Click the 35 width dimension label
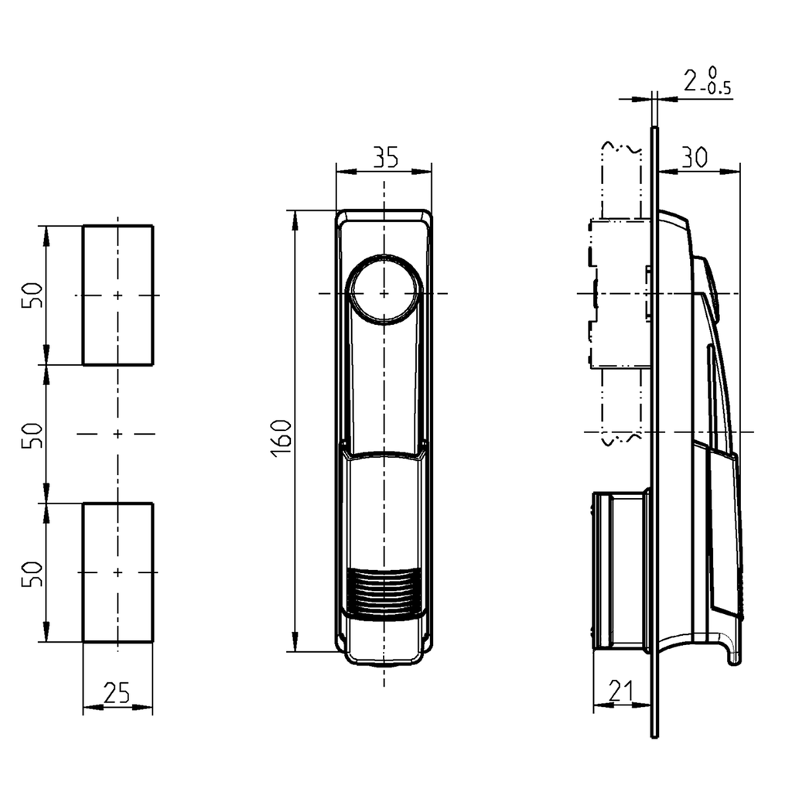pyautogui.click(x=384, y=157)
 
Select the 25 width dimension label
pyautogui.click(x=116, y=694)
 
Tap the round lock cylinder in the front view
pyautogui.click(x=384, y=293)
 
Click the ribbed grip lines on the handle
pyautogui.click(x=384, y=592)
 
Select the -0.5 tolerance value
pyautogui.click(x=718, y=88)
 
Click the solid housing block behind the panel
pyautogui.click(x=620, y=572)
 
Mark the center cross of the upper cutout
pyautogui.click(x=118, y=295)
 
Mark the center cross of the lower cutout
pyautogui.click(x=118, y=572)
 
